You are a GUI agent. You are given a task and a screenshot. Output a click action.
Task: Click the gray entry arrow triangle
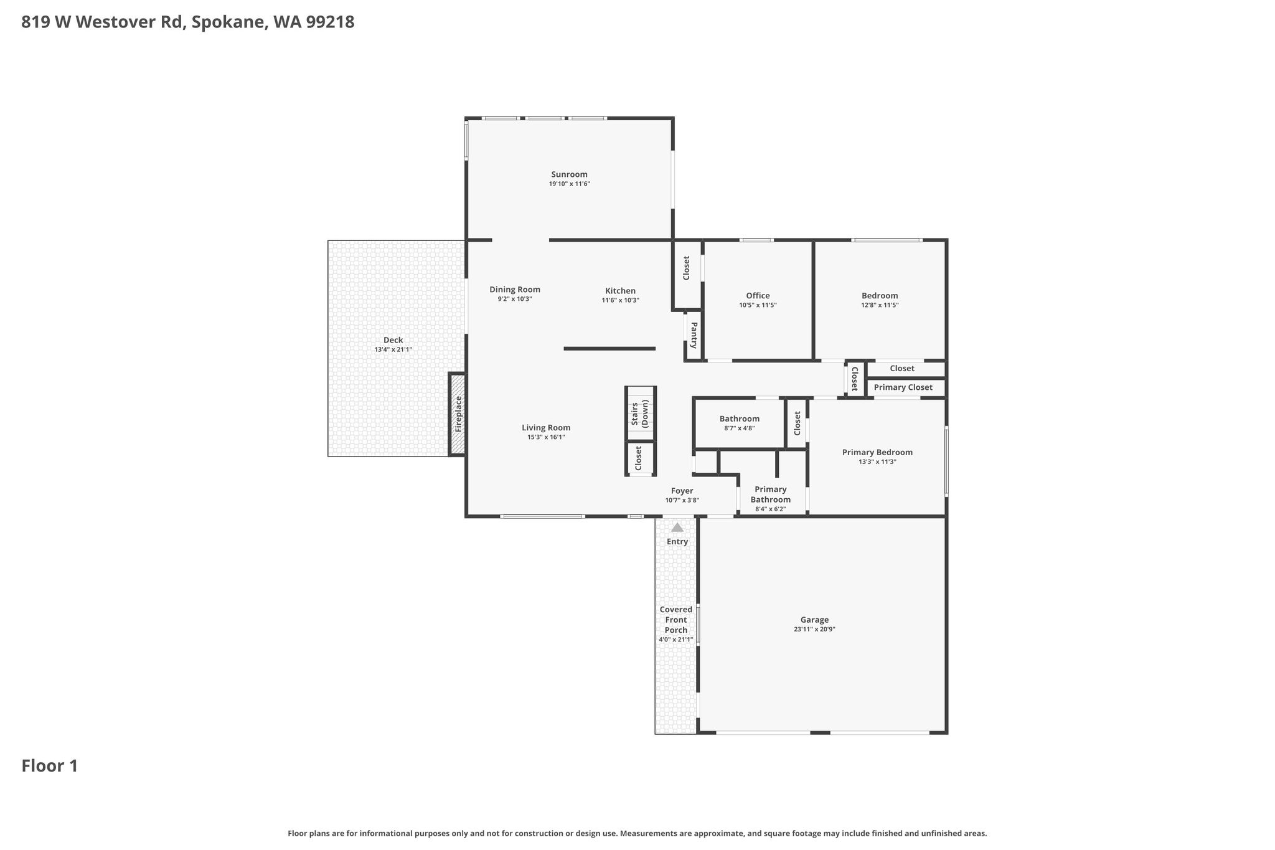click(x=677, y=527)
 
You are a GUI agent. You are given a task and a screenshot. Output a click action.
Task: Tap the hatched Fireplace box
click(x=458, y=414)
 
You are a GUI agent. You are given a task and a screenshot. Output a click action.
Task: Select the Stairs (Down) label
click(x=640, y=414)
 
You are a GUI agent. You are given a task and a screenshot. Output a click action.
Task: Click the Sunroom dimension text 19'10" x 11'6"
click(x=569, y=184)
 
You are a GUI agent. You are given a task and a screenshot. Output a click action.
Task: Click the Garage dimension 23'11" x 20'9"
click(x=814, y=629)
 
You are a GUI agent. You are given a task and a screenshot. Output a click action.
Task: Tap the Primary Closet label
click(x=903, y=387)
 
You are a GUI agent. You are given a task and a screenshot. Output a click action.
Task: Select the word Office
click(x=758, y=296)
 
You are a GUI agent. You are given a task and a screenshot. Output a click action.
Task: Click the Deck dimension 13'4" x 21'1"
click(x=393, y=349)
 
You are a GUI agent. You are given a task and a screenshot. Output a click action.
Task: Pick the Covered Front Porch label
click(x=676, y=620)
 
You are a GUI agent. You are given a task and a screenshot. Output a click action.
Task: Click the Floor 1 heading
click(x=50, y=766)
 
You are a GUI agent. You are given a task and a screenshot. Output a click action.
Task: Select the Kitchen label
click(x=620, y=291)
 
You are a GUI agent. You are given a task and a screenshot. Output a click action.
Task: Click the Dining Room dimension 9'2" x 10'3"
click(x=514, y=299)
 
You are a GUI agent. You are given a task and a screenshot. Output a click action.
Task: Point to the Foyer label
click(x=682, y=491)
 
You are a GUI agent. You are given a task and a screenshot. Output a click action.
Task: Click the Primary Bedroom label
click(x=877, y=453)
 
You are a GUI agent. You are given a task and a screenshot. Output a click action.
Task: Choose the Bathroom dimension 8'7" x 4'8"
click(x=739, y=428)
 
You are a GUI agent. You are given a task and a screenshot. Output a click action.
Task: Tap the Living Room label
click(x=546, y=428)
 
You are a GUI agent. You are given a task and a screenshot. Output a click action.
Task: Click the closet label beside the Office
click(x=687, y=268)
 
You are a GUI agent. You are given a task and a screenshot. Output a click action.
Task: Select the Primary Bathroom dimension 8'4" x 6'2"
click(x=770, y=509)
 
